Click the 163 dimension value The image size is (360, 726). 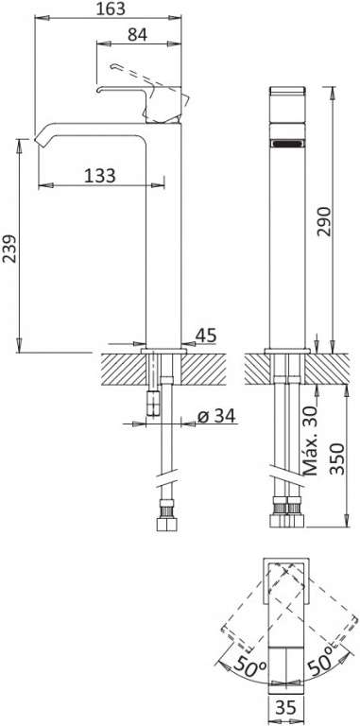point(111,9)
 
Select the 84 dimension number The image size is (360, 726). point(137,34)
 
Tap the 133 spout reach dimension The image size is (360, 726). point(100,176)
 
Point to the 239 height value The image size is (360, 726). point(9,249)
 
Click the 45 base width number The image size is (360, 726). point(205,336)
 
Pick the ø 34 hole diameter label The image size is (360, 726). point(216,416)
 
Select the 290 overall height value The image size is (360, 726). point(324,221)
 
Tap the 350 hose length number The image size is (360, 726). point(338,458)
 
